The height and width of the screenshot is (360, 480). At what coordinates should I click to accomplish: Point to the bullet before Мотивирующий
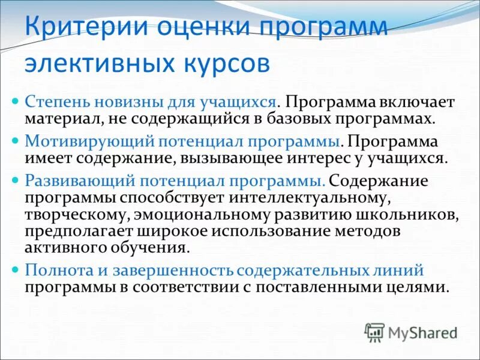pos(17,139)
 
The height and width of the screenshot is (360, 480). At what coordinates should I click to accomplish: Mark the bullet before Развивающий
pos(17,180)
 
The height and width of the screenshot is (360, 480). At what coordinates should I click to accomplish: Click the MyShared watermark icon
pos(374,332)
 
